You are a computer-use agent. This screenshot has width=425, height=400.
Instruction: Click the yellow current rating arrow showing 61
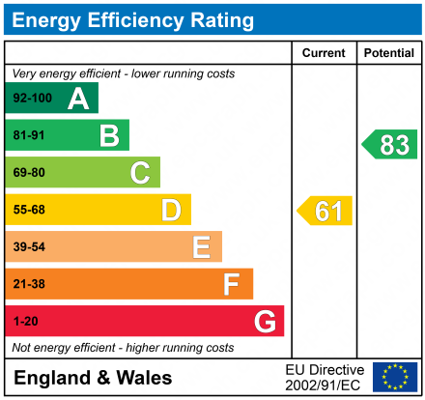326,211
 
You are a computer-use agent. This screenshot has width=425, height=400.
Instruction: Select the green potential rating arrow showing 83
390,145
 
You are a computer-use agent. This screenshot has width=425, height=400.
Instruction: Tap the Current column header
324,53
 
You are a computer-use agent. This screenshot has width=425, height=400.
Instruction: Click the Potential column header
388,53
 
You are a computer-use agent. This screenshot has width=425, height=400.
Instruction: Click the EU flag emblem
395,377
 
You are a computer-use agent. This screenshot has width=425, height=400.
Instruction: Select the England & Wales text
93,378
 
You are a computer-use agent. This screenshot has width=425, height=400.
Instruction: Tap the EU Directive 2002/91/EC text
325,377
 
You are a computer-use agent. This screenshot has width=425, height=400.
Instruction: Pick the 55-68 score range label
28,210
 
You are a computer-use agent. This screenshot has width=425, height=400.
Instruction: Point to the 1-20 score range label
25,321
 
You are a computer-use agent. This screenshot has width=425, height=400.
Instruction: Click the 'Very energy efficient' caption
123,73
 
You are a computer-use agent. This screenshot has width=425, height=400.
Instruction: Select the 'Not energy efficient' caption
122,347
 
